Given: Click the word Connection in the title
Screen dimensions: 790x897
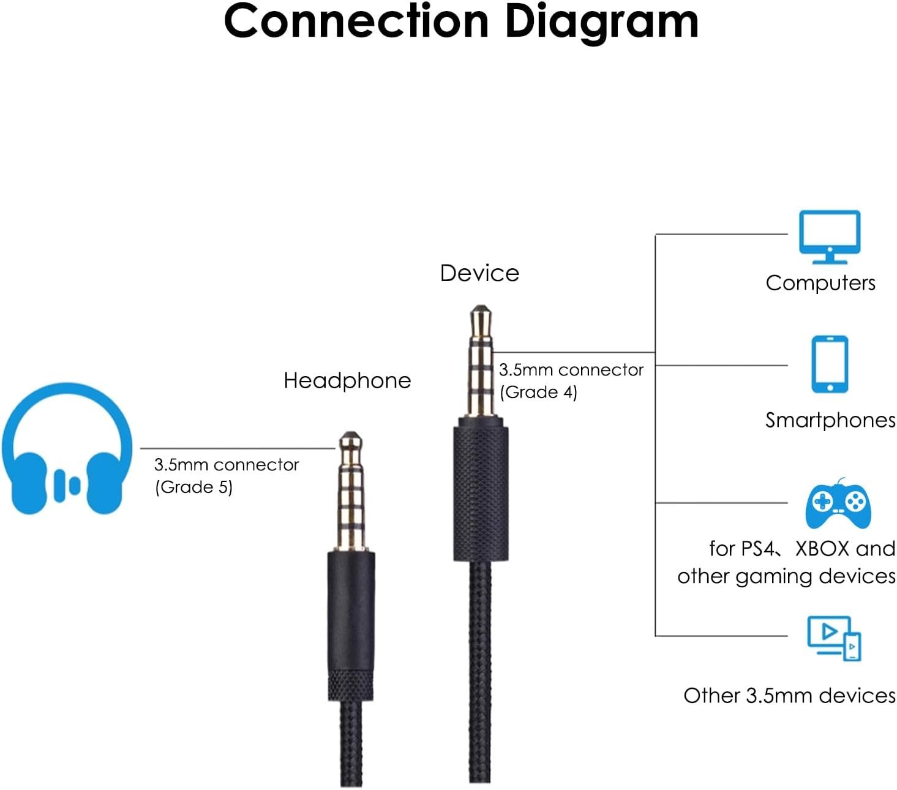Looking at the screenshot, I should point(356,21).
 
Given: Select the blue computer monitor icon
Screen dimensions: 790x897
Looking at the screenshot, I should point(829,236).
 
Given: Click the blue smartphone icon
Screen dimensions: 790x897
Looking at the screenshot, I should point(829,363).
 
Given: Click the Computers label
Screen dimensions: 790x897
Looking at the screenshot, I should point(820,283).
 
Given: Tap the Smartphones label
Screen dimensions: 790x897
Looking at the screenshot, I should point(830,420).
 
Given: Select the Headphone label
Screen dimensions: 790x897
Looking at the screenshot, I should point(347,381).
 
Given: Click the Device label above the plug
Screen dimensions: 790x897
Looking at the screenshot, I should point(479,273).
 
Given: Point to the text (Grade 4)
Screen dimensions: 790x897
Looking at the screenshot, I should point(538,392).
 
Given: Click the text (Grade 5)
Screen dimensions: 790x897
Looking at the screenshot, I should point(193,487).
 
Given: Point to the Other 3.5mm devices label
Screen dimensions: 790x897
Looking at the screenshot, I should point(789,696).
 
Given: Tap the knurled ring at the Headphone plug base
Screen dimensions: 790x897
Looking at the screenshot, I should point(351,685).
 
